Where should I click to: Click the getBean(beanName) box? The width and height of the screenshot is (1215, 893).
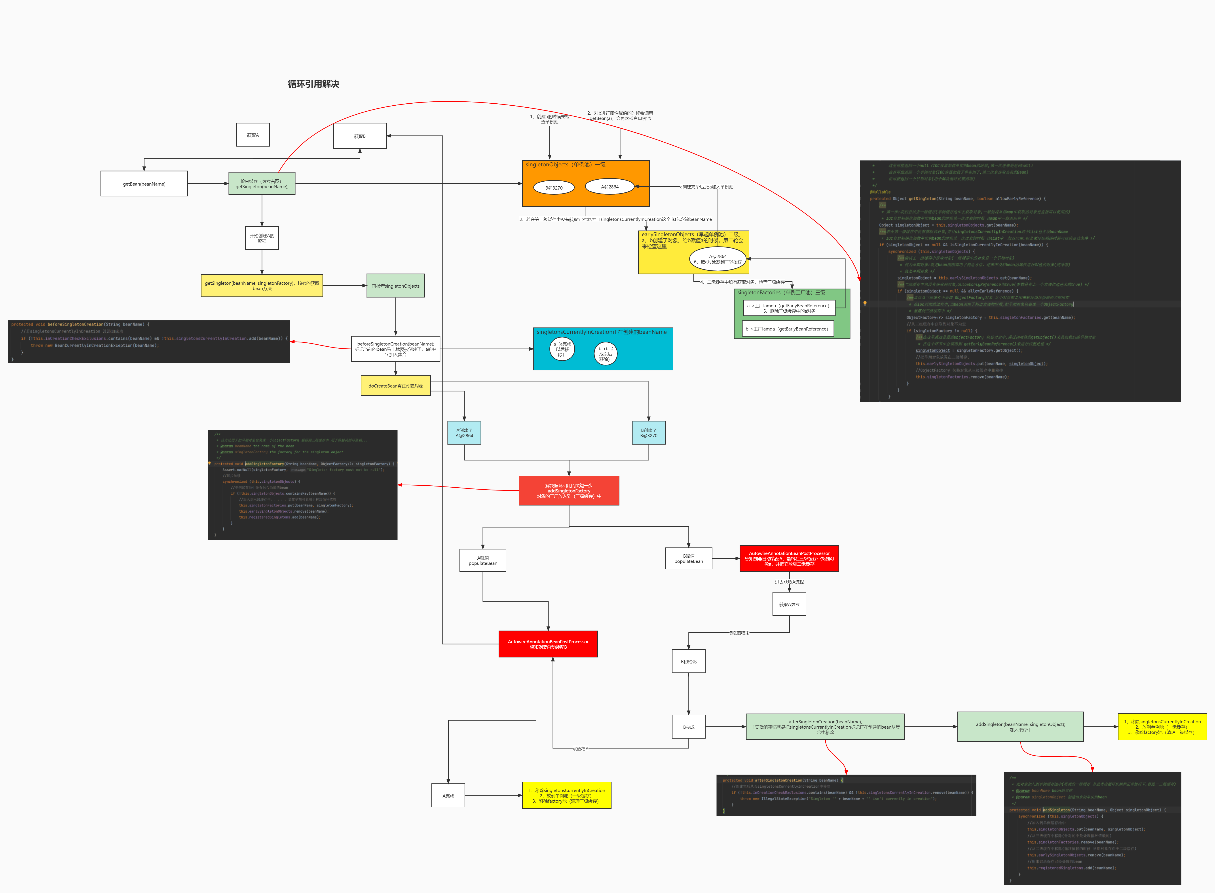pyautogui.click(x=144, y=184)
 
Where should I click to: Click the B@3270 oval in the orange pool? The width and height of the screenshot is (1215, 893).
pyautogui.click(x=553, y=188)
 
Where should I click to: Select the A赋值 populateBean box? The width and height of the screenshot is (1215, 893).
pyautogui.click(x=483, y=560)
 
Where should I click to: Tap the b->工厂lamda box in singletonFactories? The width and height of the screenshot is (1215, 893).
pyautogui.click(x=788, y=329)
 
